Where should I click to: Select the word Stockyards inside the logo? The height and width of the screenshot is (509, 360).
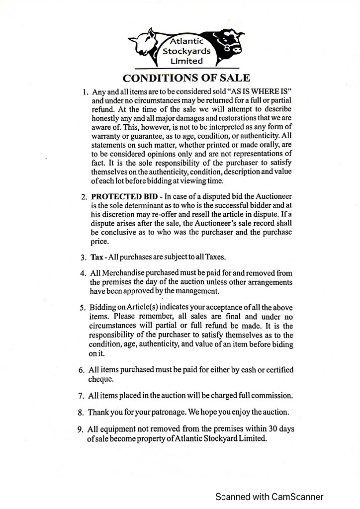186,51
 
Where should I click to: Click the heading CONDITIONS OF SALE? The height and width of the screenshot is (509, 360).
186,78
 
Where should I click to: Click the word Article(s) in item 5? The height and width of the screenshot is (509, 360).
140,307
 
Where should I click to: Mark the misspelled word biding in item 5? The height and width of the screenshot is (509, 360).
282,344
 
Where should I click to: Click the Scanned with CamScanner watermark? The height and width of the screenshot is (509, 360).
270,497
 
